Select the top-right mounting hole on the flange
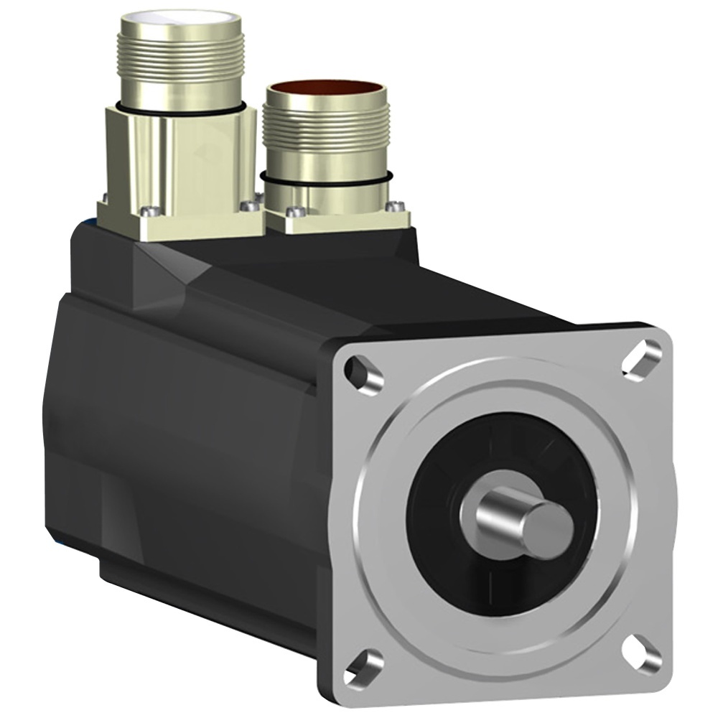[x=641, y=358]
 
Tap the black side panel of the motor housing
[x=179, y=431]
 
